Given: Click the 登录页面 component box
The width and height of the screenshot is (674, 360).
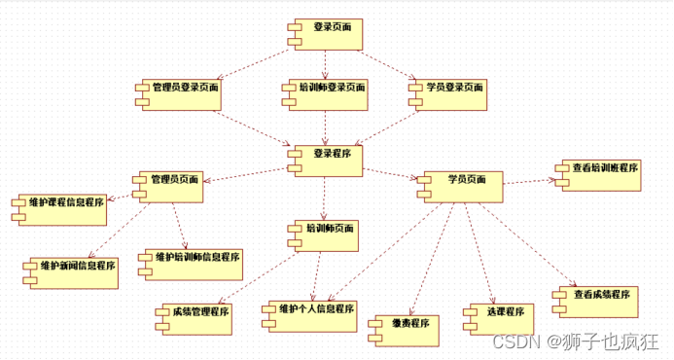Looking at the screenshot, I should coord(325,34).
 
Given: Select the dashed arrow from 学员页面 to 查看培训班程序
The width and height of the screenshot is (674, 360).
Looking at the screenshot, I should coord(529,180).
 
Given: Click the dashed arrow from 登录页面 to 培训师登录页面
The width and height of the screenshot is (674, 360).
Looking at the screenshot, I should coord(325,64).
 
